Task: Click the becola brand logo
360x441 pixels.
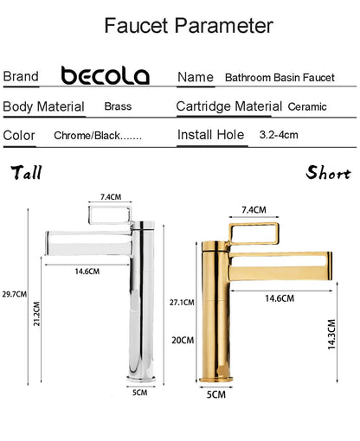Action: click(106, 75)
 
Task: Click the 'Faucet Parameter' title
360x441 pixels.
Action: click(189, 26)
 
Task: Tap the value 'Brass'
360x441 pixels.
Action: click(118, 106)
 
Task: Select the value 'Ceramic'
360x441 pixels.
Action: click(307, 106)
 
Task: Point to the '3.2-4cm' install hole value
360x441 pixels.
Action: click(279, 135)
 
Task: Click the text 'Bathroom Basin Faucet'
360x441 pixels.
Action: click(280, 78)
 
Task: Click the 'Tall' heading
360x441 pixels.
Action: click(27, 172)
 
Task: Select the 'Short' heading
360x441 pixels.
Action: click(328, 172)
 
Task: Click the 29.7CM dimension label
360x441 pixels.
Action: click(15, 294)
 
